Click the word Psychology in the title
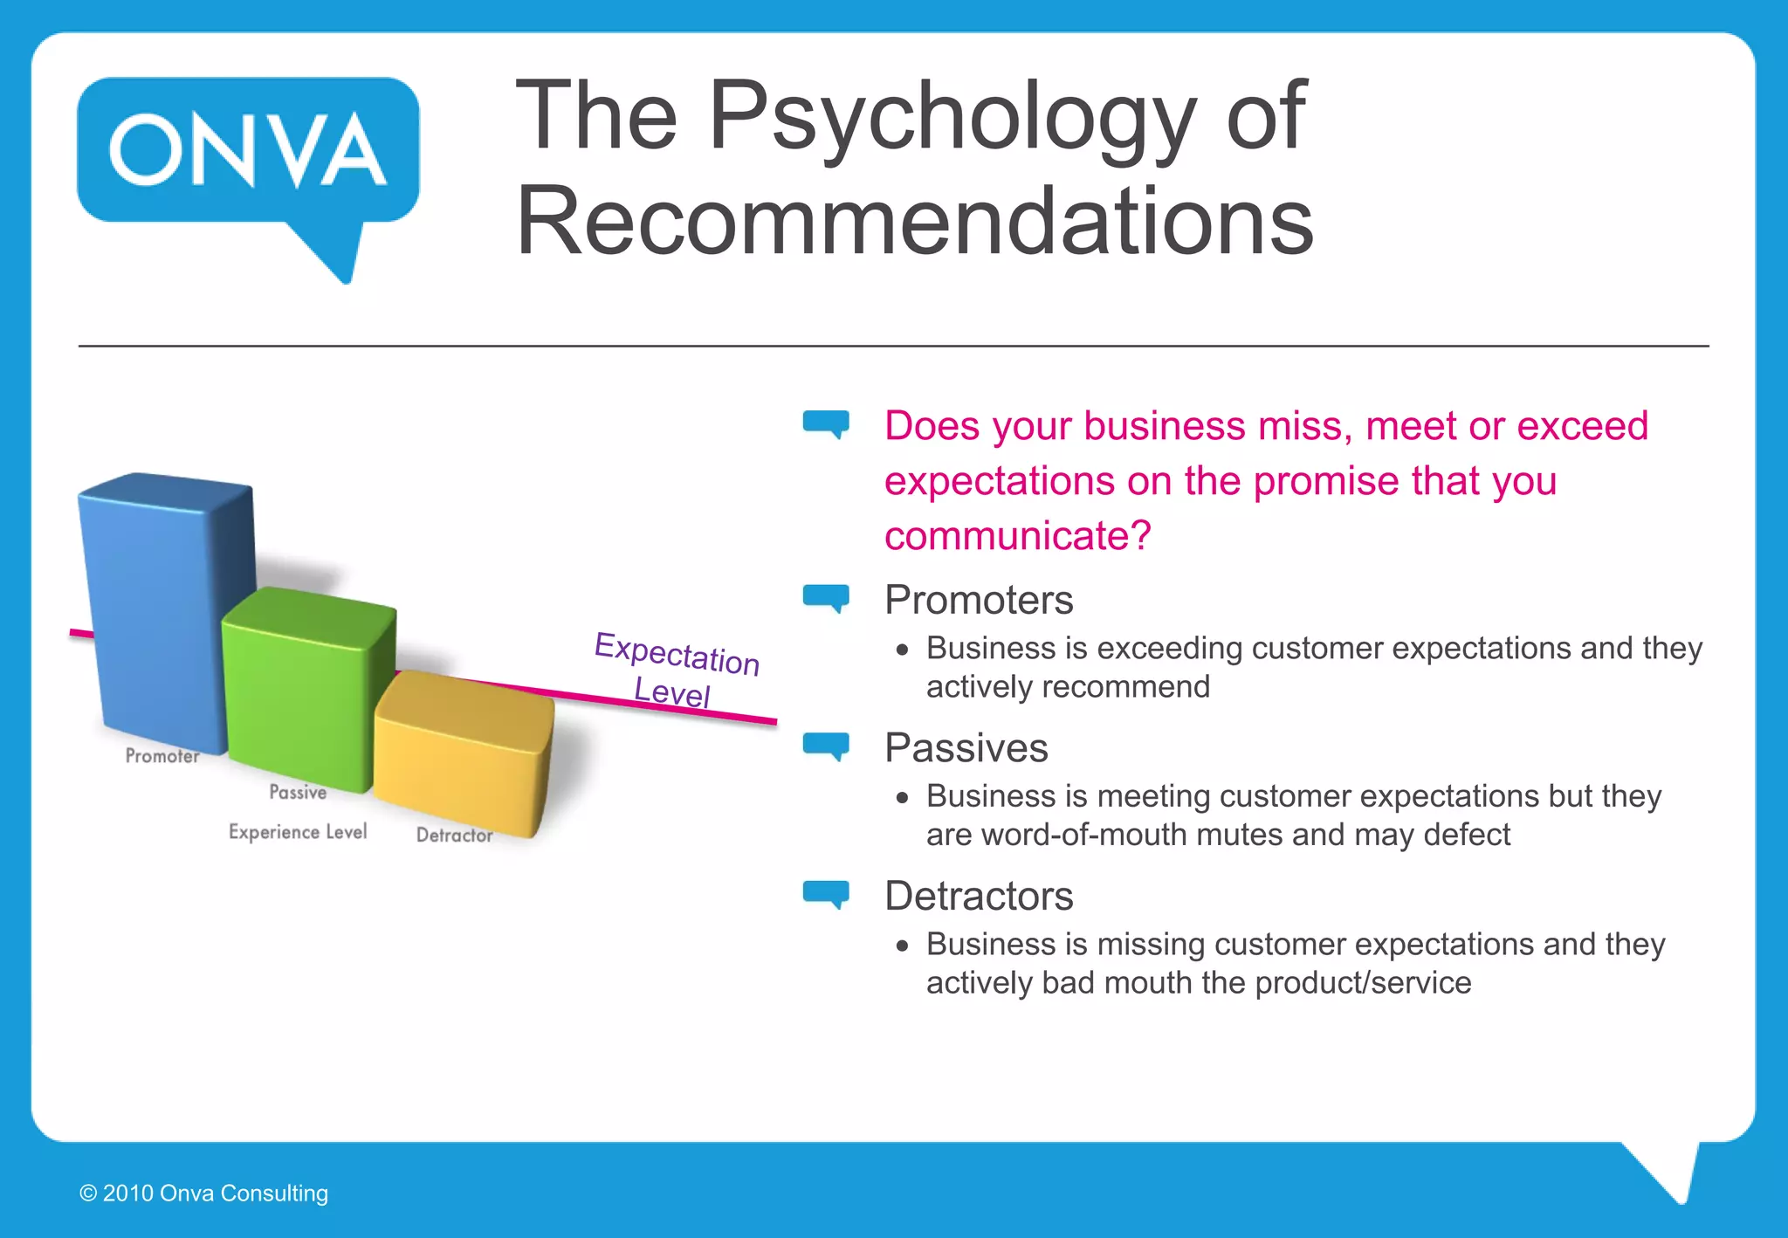952,118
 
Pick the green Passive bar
306,690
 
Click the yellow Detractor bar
463,751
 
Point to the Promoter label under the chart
162,756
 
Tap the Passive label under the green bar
298,792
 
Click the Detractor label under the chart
454,836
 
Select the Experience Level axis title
298,832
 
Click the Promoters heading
978,601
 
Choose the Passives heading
966,748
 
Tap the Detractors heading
978,897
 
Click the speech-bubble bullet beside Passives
826,746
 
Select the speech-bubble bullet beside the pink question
826,423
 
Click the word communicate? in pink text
1017,535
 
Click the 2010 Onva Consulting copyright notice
204,1193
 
